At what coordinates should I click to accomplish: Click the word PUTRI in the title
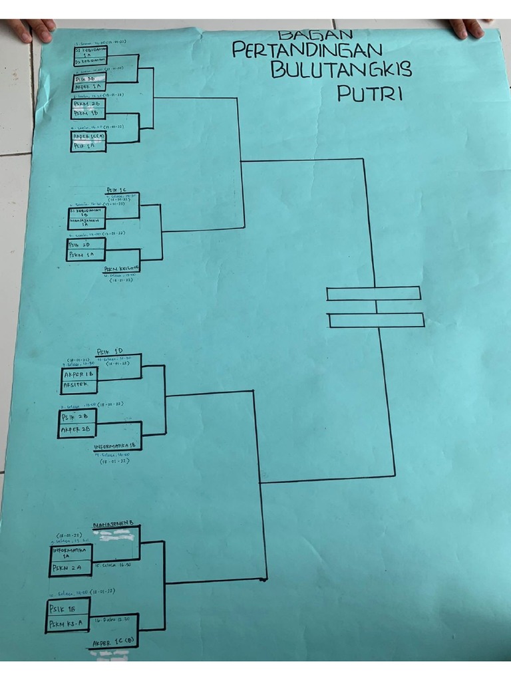click(x=370, y=93)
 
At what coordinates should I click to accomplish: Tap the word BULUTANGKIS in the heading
click(x=341, y=70)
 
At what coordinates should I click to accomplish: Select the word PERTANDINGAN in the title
click(x=307, y=50)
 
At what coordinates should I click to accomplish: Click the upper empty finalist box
click(x=373, y=293)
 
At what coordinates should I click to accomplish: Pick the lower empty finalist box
click(x=377, y=320)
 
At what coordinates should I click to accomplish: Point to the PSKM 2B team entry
click(x=87, y=104)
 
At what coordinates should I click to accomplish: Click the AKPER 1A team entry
click(x=87, y=86)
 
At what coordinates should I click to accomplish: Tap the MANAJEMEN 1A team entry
click(x=84, y=224)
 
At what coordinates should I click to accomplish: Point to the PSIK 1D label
click(x=110, y=350)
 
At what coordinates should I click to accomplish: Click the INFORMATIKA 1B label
click(x=118, y=446)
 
